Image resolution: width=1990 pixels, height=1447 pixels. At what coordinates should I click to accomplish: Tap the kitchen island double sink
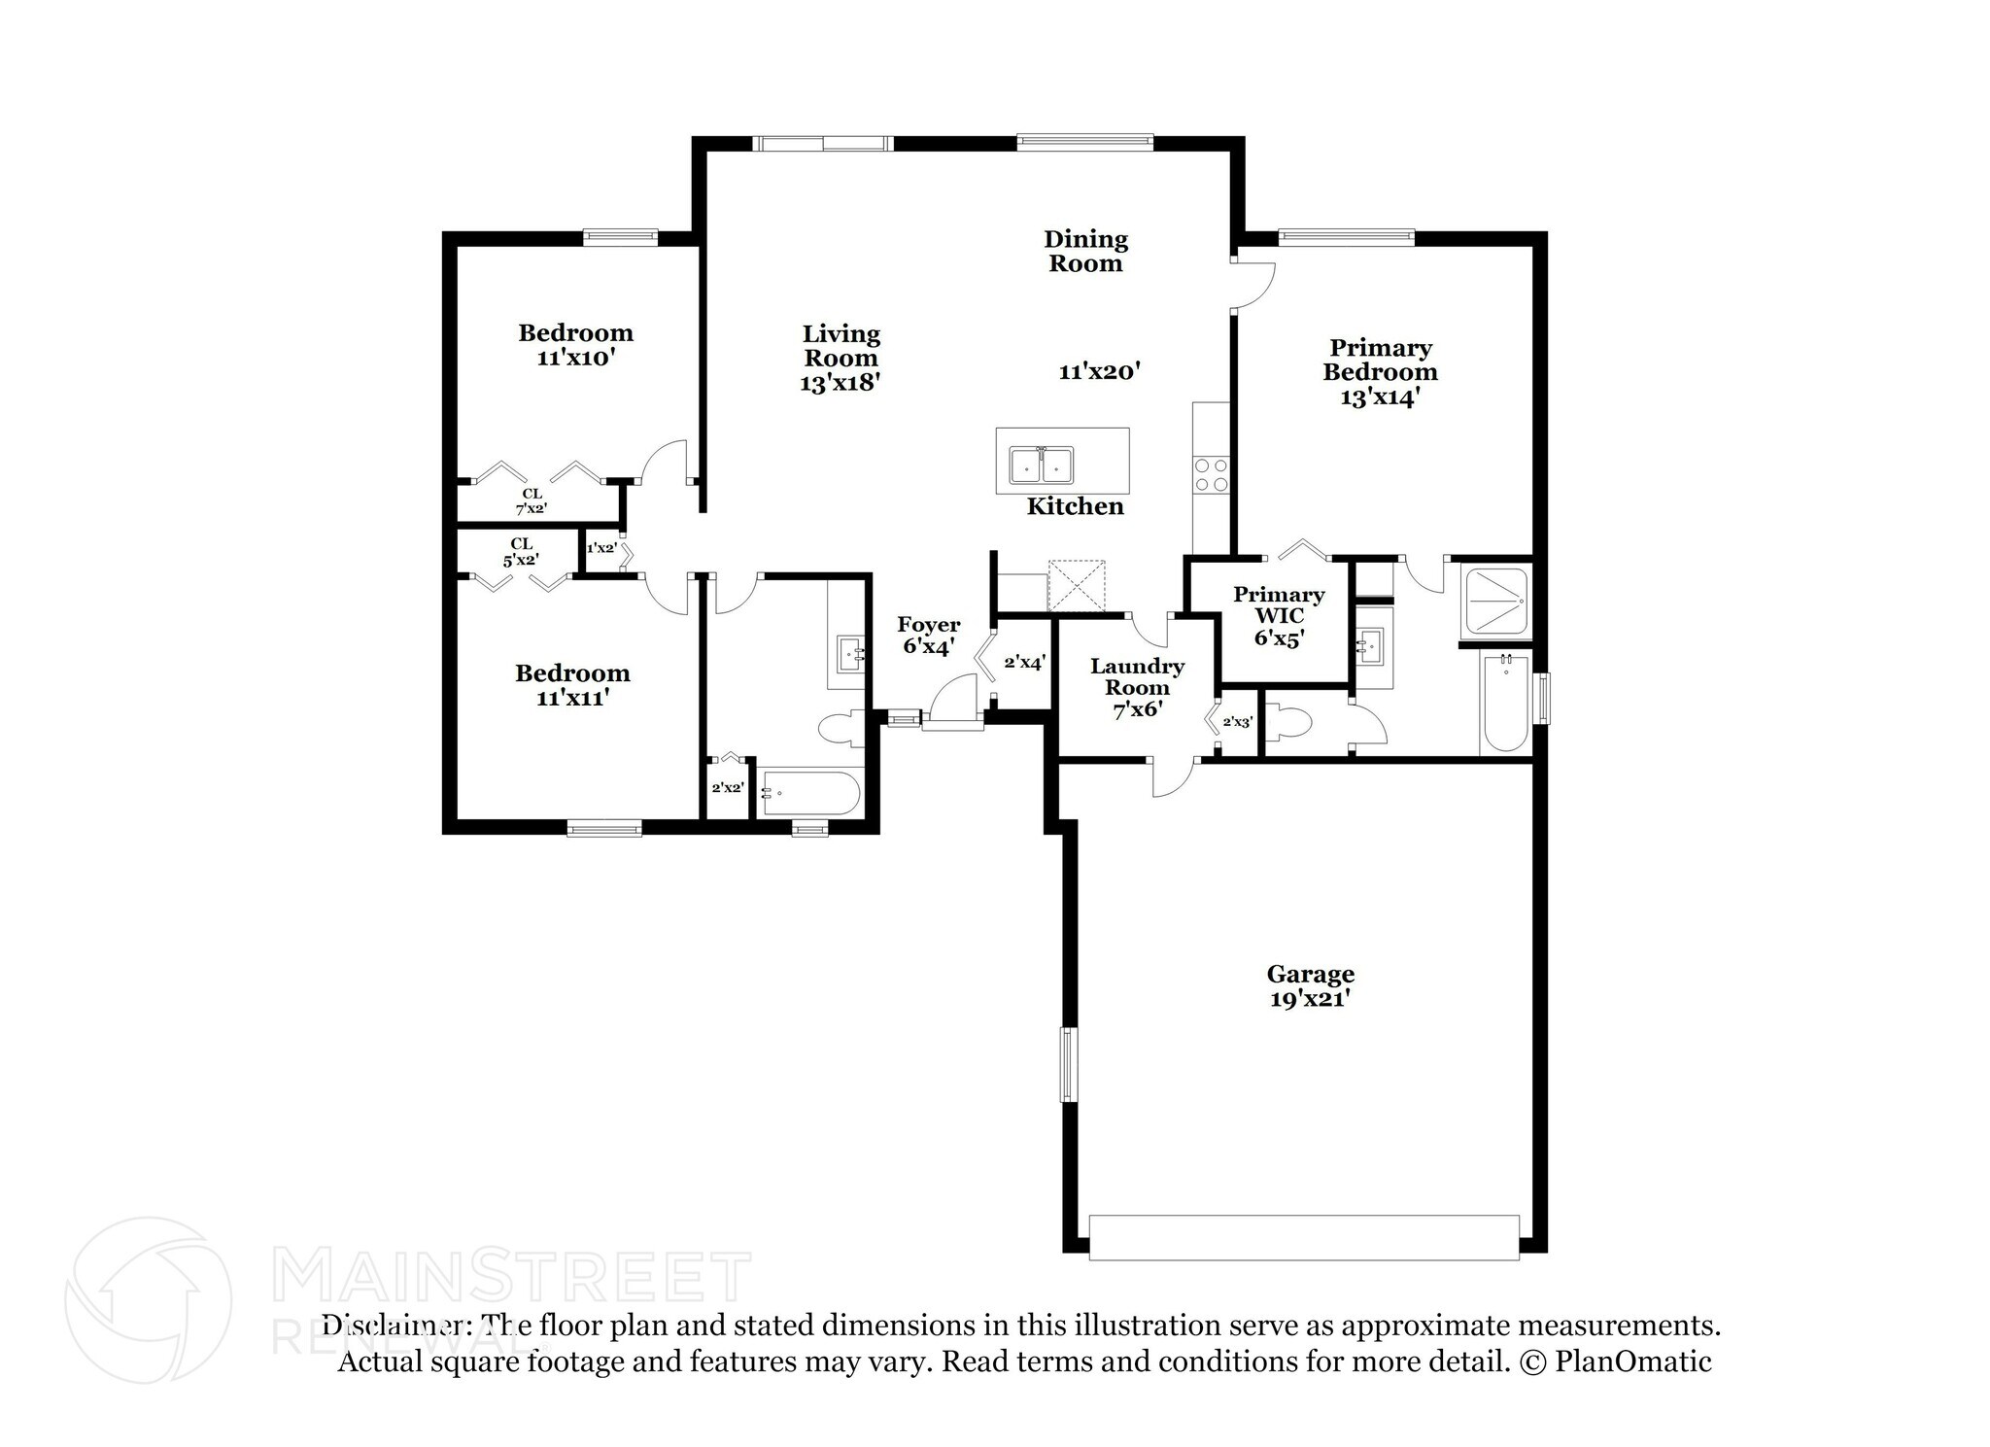pyautogui.click(x=1040, y=465)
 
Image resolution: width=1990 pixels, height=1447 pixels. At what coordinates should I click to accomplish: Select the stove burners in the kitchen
pyautogui.click(x=1211, y=473)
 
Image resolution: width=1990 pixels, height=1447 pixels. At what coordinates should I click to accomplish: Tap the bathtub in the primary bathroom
pyautogui.click(x=1505, y=703)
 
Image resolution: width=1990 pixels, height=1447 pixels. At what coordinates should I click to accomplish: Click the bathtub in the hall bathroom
pyautogui.click(x=809, y=793)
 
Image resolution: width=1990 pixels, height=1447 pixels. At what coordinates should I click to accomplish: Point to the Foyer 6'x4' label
pyautogui.click(x=929, y=635)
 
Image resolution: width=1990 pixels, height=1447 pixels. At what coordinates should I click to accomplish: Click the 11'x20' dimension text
pyautogui.click(x=1099, y=370)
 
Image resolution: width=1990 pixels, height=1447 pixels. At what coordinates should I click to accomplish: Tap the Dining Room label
pyautogui.click(x=1085, y=251)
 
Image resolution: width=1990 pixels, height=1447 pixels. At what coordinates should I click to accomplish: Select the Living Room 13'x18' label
pyautogui.click(x=841, y=359)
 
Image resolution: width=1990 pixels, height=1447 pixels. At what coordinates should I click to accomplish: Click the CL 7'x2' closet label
pyautogui.click(x=532, y=500)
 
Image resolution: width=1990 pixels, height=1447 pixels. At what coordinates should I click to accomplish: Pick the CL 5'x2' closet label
pyautogui.click(x=521, y=552)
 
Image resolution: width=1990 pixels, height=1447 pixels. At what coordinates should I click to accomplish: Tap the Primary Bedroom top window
pyautogui.click(x=1346, y=234)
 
